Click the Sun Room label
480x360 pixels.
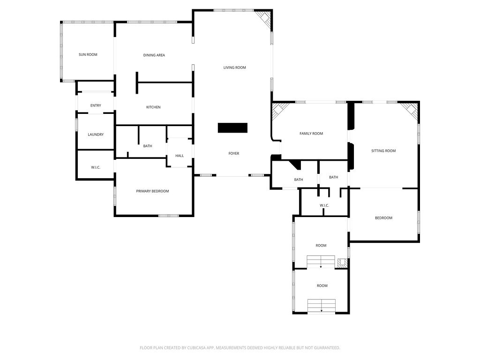tap(88, 55)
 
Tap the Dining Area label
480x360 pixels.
tap(154, 55)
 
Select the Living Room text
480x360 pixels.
tap(234, 67)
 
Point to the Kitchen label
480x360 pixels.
tap(153, 107)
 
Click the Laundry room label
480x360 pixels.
tap(96, 135)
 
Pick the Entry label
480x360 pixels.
tap(96, 105)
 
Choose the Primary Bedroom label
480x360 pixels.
tap(152, 191)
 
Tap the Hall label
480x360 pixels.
tap(180, 156)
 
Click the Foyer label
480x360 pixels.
tap(234, 153)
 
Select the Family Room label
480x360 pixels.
tap(311, 134)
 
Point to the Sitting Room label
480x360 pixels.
tap(383, 151)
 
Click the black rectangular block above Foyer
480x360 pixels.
tap(232, 127)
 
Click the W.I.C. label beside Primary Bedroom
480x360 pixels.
tap(96, 167)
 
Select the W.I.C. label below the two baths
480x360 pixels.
tap(324, 205)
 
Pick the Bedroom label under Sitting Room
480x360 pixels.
tap(383, 218)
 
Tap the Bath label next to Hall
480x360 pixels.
tap(148, 146)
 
